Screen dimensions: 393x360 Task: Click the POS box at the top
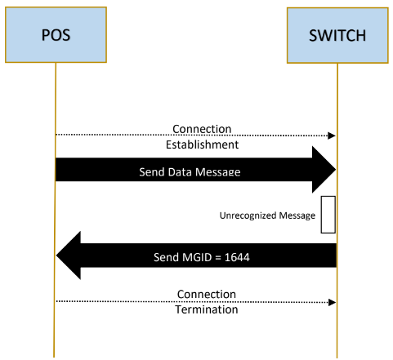pyautogui.click(x=56, y=35)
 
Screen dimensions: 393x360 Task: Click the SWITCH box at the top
pyautogui.click(x=337, y=35)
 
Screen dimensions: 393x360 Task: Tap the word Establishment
pyautogui.click(x=202, y=144)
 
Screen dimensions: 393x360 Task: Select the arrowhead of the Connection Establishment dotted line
pyautogui.click(x=332, y=136)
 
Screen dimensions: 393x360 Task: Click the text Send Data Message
pyautogui.click(x=190, y=172)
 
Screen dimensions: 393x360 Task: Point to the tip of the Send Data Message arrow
pyautogui.click(x=336, y=170)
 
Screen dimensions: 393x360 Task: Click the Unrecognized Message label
pyautogui.click(x=267, y=216)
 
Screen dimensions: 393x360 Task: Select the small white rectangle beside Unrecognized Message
pyautogui.click(x=328, y=215)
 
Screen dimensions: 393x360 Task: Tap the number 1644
pyautogui.click(x=237, y=257)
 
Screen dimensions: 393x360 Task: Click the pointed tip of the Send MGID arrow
pyautogui.click(x=56, y=256)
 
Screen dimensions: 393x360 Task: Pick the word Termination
pyautogui.click(x=207, y=309)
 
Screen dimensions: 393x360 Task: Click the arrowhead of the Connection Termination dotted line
pyautogui.click(x=332, y=302)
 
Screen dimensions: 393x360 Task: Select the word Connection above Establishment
pyautogui.click(x=202, y=129)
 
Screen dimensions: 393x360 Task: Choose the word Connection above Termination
pyautogui.click(x=207, y=294)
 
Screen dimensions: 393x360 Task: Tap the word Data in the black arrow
pyautogui.click(x=181, y=172)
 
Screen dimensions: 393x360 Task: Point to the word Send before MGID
pyautogui.click(x=166, y=257)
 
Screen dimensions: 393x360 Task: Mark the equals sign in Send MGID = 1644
pyautogui.click(x=218, y=258)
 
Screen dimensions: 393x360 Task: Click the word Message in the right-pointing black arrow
pyautogui.click(x=218, y=172)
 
